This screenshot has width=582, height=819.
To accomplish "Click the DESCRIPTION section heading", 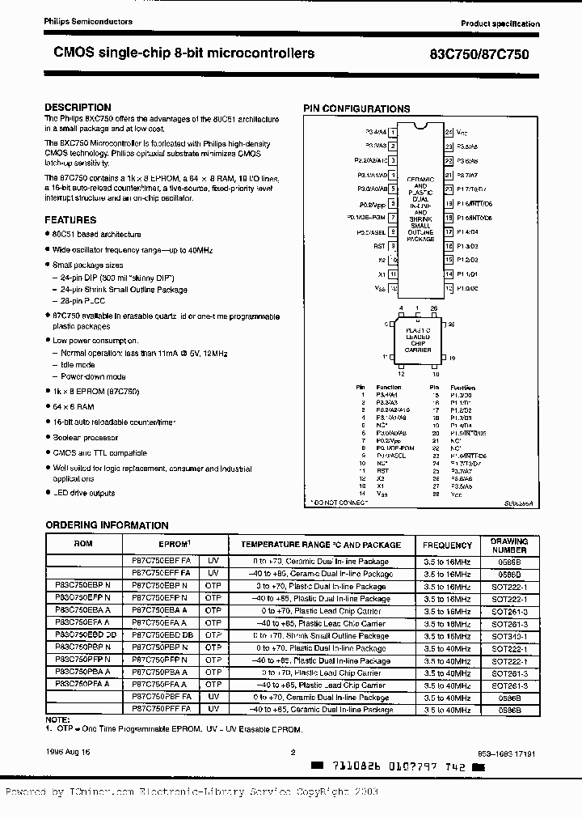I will [x=78, y=108].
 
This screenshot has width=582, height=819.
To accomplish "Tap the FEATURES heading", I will [x=70, y=219].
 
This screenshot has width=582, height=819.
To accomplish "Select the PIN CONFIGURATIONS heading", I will [x=356, y=108].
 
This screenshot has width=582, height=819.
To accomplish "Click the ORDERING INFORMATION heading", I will [x=107, y=525].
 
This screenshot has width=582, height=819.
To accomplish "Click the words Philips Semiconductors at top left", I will [x=77, y=22].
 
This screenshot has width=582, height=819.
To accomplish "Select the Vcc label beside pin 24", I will [x=462, y=131].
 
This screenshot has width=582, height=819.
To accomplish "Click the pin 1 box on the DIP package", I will [x=394, y=131].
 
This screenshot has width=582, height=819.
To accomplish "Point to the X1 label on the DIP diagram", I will [x=382, y=274].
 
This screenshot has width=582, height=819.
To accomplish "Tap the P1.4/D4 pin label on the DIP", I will [x=468, y=231].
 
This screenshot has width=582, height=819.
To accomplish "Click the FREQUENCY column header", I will [x=447, y=545].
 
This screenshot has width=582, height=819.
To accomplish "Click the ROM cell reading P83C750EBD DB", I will [x=83, y=635].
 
